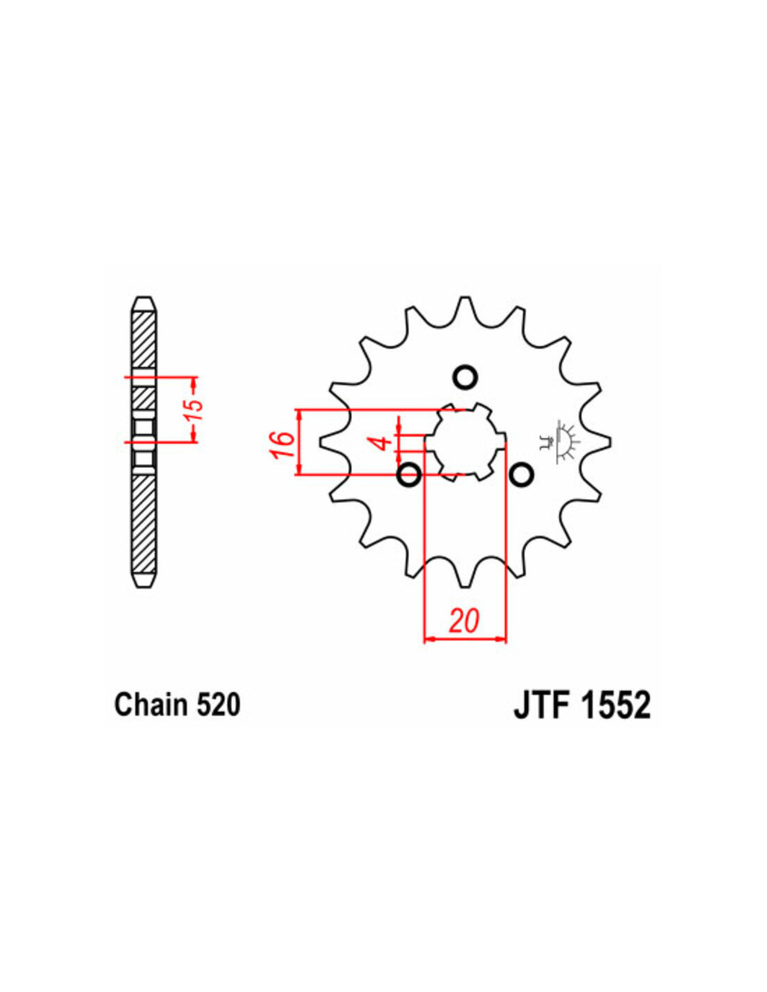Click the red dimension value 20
point(464,621)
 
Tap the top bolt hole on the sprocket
point(465,377)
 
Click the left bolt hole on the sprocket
point(409,475)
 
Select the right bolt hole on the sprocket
point(521,475)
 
